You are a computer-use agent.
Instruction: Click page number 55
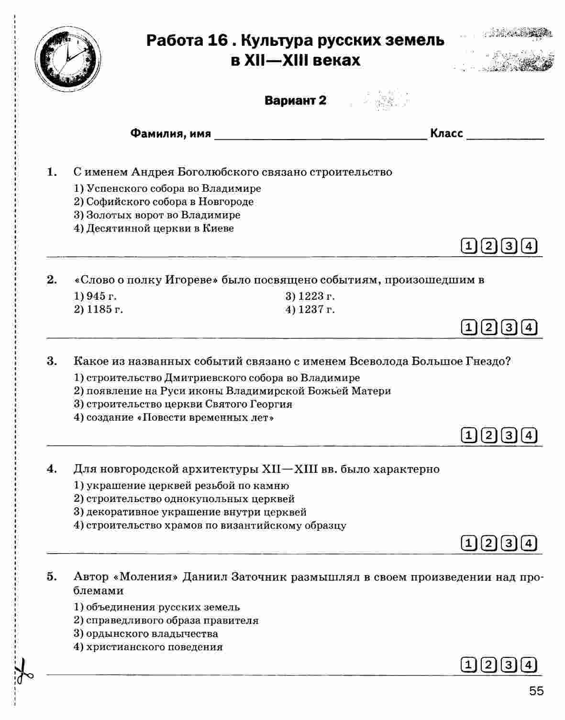[x=536, y=691]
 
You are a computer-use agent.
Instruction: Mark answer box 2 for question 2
[x=489, y=327]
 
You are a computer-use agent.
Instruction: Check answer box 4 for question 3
[x=529, y=435]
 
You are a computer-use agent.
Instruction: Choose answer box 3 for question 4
[x=509, y=543]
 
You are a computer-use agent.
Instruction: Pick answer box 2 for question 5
[x=489, y=665]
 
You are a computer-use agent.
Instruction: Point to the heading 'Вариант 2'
[x=295, y=100]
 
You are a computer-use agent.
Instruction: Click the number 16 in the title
[x=217, y=41]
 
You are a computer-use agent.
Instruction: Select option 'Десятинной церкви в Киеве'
[x=154, y=228]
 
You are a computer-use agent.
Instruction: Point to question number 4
[x=52, y=469]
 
